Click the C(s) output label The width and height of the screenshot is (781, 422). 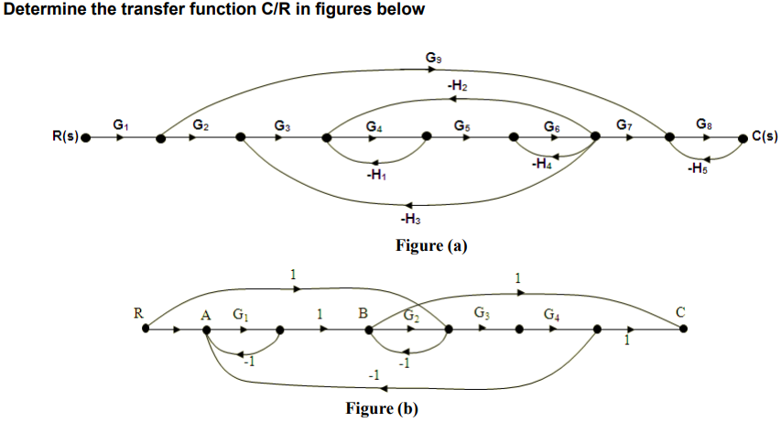click(x=764, y=138)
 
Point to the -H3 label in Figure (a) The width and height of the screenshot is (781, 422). click(x=410, y=219)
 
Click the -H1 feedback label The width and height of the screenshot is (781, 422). click(x=374, y=175)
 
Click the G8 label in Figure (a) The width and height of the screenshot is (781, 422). click(x=702, y=124)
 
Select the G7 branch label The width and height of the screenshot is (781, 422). click(x=624, y=124)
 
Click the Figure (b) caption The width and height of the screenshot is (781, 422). click(x=382, y=408)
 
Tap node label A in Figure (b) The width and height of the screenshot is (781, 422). click(x=206, y=313)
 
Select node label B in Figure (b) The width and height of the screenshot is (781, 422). click(x=363, y=313)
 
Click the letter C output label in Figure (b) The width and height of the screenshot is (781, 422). click(x=679, y=312)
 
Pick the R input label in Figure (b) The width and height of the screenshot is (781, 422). click(x=138, y=312)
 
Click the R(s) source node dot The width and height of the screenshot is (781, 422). click(x=86, y=139)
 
